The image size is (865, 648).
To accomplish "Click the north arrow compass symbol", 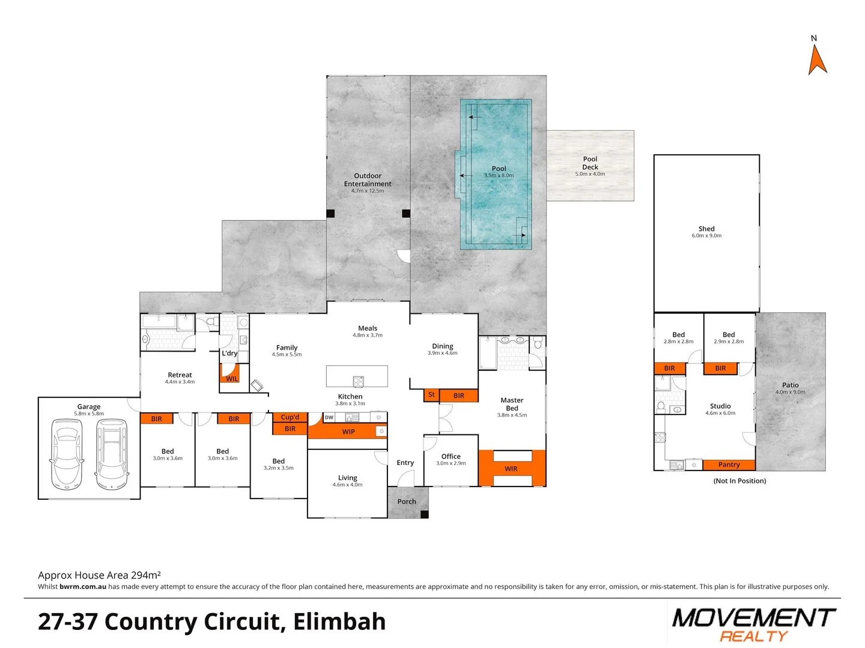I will (817, 59).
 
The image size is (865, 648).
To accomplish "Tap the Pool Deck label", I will (590, 163).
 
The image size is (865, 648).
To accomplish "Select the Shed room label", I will (706, 229).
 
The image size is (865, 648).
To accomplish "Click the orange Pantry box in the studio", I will (729, 464).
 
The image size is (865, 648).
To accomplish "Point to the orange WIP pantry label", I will (348, 431).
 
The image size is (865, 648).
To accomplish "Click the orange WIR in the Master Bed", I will (511, 469).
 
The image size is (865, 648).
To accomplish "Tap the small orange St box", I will (431, 395).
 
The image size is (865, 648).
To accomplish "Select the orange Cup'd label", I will (290, 417).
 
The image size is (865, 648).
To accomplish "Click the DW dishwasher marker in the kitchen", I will (329, 417).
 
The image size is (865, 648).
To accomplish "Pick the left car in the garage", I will (66, 454).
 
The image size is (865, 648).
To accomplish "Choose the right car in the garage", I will (112, 454).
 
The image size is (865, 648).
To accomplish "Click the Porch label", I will (407, 502).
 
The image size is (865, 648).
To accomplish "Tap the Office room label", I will (451, 457).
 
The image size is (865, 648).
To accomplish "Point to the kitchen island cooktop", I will (358, 381).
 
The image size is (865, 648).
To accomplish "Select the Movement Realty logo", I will (753, 624).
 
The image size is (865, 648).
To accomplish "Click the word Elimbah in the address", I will (339, 622).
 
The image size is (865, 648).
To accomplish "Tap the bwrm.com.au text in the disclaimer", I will (83, 587).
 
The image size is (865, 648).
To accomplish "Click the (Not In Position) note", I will (739, 481).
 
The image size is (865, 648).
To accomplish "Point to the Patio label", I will (790, 385).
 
